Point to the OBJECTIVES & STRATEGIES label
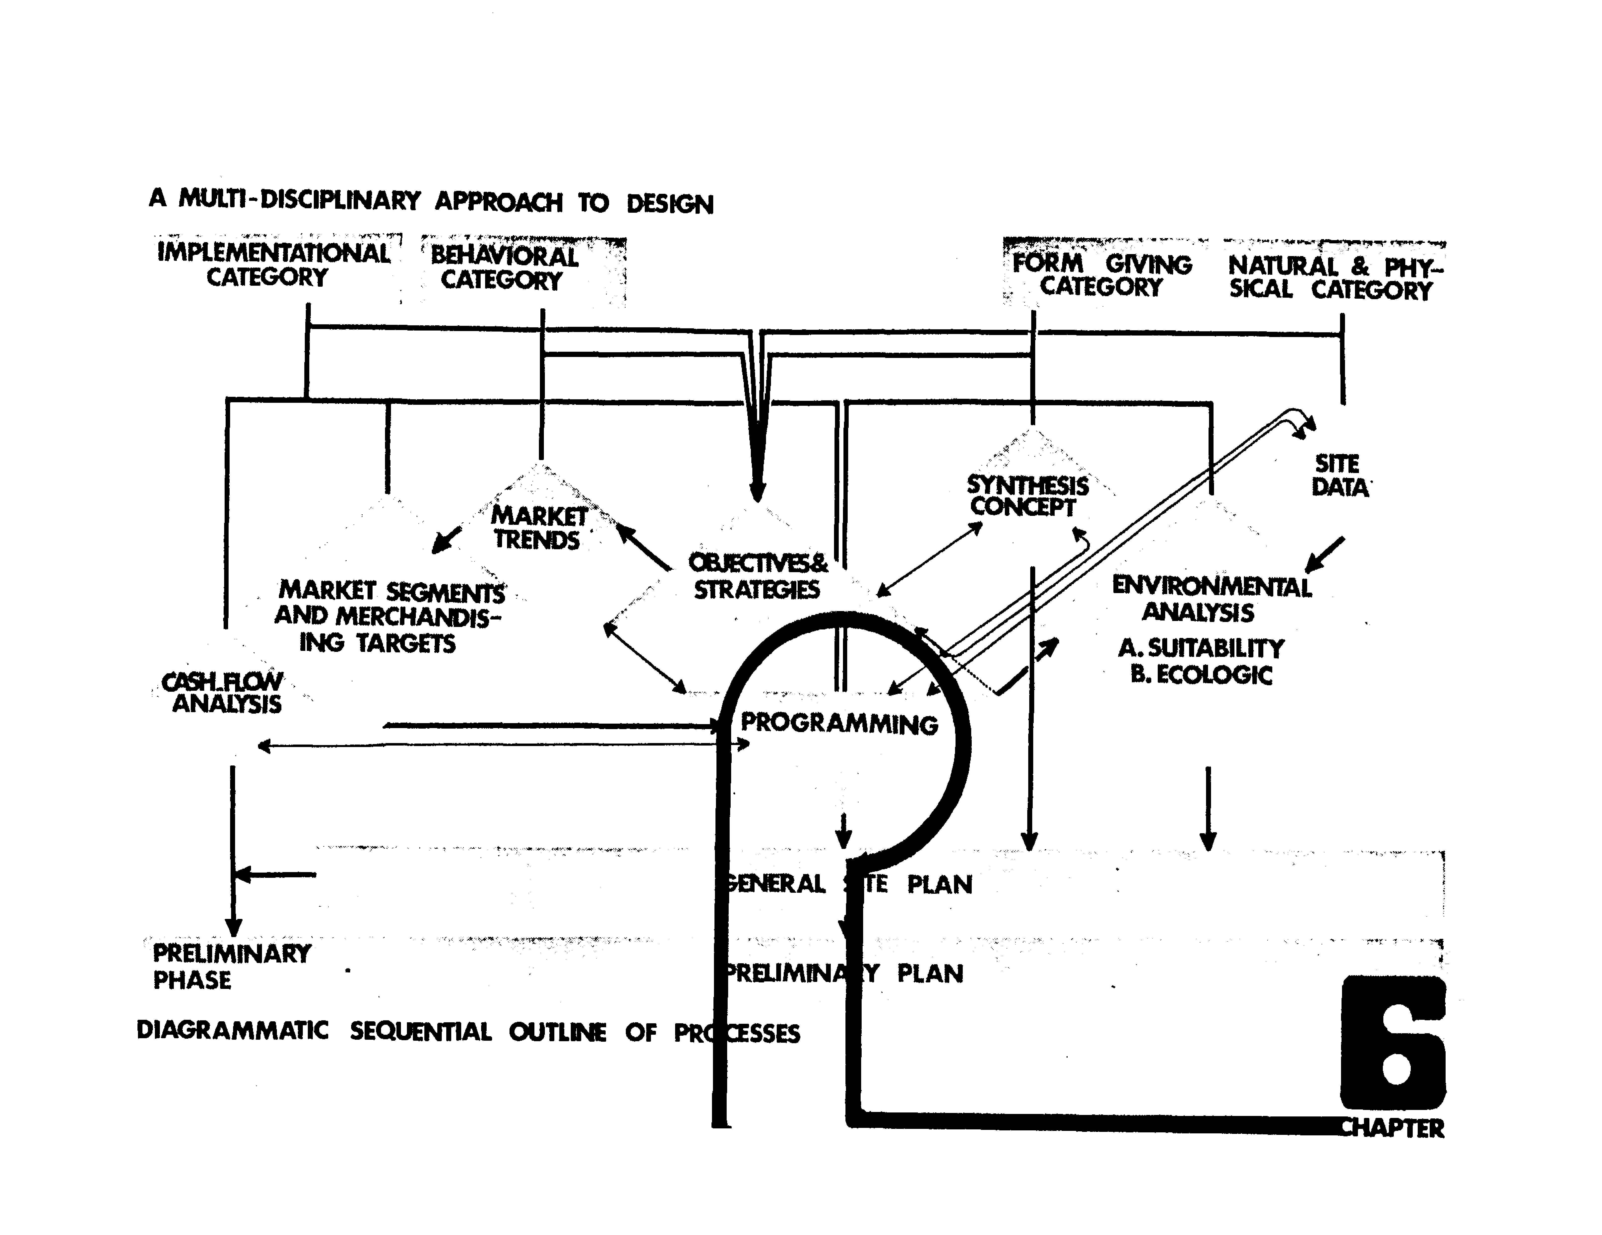757,576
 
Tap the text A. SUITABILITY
1201,648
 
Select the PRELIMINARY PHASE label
231,966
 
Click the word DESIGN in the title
669,204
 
